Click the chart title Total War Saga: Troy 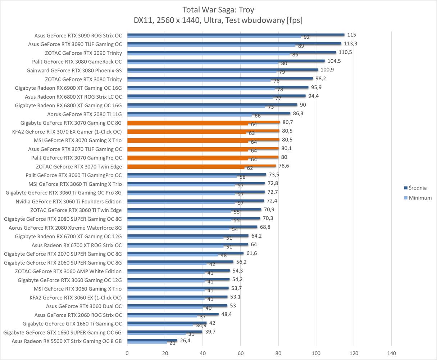(x=218, y=9)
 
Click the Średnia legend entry (x=418, y=188)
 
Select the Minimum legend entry (x=420, y=198)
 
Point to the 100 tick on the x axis (x=316, y=353)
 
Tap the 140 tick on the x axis (x=391, y=353)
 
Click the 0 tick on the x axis (x=127, y=353)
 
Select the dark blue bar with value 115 (x=236, y=35)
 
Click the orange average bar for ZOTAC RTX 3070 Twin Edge (x=201, y=166)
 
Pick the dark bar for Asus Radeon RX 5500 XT (x=152, y=340)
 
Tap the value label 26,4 (x=185, y=340)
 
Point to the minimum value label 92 (x=307, y=37)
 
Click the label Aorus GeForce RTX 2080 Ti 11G (x=85, y=114)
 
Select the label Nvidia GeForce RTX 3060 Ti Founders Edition (x=69, y=201)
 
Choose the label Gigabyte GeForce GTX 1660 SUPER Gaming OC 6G (x=63, y=332)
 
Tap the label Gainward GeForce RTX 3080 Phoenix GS (x=74, y=71)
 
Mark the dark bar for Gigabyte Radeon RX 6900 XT (x=218, y=87)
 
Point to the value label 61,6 (x=252, y=253)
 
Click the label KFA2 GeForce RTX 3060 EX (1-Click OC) (x=76, y=297)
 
